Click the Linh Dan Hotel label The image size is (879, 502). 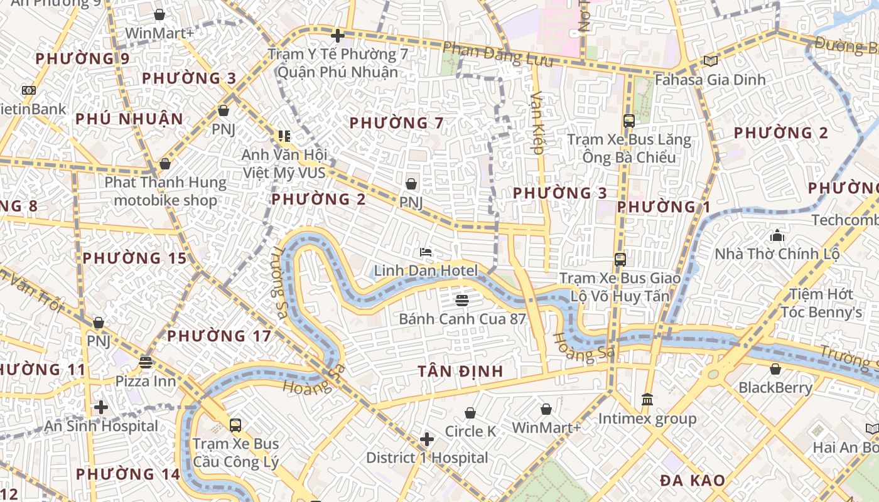[x=426, y=271]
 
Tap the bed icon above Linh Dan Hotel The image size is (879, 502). [x=426, y=252]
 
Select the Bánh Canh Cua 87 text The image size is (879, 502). [x=462, y=319]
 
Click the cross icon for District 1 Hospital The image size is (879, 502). [x=427, y=439]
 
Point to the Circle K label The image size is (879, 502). [x=470, y=432]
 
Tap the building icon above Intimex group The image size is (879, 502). [x=647, y=400]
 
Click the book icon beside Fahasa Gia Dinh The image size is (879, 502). [x=710, y=61]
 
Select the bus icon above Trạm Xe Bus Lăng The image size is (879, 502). [x=628, y=121]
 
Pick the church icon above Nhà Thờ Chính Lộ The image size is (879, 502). [x=777, y=236]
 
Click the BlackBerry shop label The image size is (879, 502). [x=775, y=388]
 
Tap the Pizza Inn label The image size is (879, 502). [x=145, y=381]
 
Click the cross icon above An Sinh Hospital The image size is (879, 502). [x=100, y=408]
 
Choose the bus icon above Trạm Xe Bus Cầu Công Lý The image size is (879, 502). [x=235, y=425]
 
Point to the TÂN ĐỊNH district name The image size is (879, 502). [x=461, y=371]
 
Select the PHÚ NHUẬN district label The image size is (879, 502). [x=129, y=119]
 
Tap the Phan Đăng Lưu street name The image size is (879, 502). [x=498, y=55]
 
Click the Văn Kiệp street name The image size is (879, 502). [x=538, y=122]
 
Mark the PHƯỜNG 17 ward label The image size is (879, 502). [x=219, y=336]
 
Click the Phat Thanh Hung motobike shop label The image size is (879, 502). [x=165, y=191]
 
